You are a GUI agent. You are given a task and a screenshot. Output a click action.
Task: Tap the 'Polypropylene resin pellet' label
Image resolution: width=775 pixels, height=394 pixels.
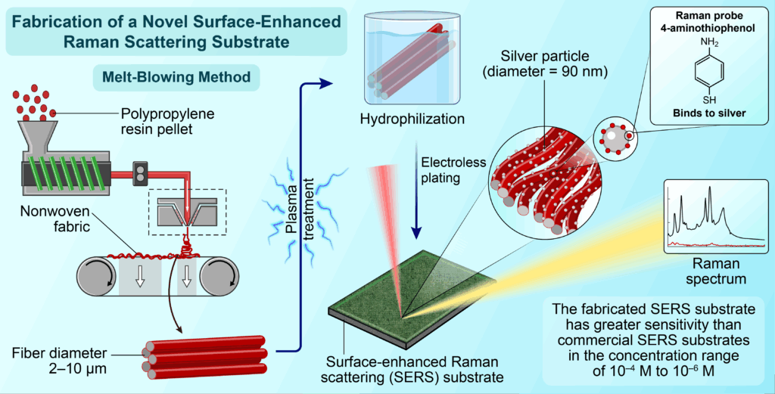coord(168,123)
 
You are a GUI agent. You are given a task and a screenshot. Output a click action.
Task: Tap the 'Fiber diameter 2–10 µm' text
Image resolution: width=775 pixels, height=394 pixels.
coord(57,359)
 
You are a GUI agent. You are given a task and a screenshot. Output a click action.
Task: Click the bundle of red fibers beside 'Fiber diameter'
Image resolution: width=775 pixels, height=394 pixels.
coord(204,353)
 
